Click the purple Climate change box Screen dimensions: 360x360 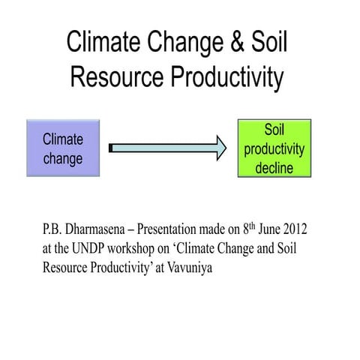62,148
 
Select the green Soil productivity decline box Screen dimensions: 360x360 273,148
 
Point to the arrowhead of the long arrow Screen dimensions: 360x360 218,148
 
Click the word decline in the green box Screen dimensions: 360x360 273,168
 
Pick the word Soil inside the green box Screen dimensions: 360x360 273,130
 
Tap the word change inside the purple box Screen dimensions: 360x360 62,159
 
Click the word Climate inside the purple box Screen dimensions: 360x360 62,139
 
